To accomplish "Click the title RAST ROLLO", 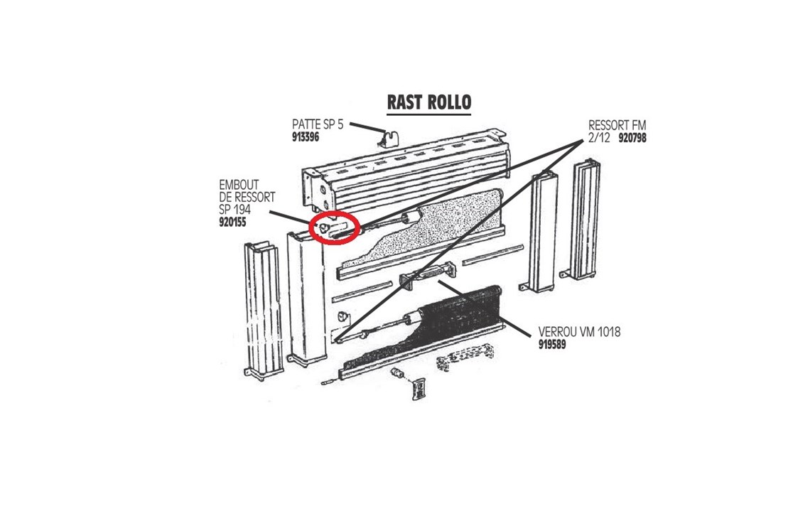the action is click(429, 102).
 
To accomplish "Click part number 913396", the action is click(306, 137).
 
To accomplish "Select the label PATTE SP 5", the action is click(318, 124).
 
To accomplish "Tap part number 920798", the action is click(632, 138).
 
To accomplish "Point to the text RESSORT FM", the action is click(617, 125).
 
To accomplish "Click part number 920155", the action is click(232, 222).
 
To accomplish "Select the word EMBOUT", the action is click(239, 185).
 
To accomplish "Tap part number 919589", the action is click(552, 345).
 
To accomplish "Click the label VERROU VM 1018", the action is click(579, 333).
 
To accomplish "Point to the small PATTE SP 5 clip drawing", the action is click(389, 139).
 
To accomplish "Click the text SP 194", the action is click(234, 210).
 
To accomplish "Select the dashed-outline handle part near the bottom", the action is click(464, 357).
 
